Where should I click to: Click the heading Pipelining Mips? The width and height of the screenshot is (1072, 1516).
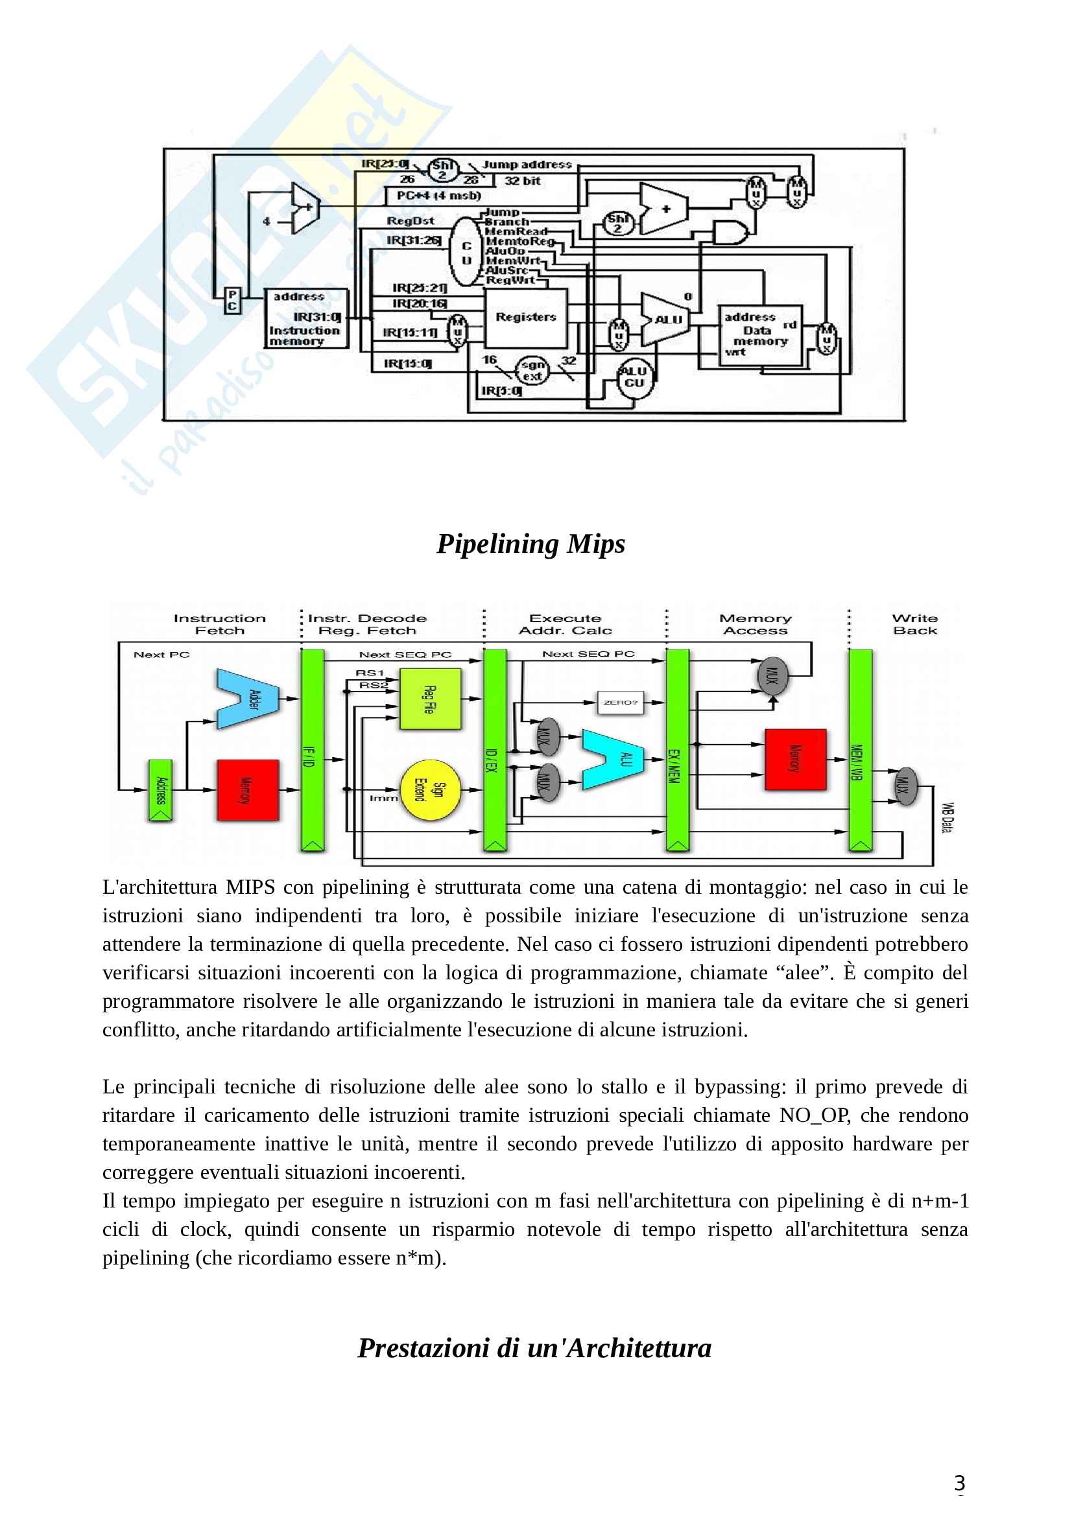point(530,544)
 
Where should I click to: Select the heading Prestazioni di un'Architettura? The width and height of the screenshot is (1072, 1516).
point(534,1347)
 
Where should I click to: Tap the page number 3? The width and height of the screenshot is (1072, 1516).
point(959,1483)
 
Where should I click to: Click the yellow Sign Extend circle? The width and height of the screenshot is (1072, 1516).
point(430,789)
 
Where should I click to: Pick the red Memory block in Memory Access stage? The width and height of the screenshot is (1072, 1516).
point(795,760)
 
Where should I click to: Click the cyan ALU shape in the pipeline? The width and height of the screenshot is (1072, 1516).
point(613,760)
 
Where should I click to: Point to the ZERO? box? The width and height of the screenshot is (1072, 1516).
point(619,702)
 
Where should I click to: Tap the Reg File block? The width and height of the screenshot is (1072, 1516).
point(430,699)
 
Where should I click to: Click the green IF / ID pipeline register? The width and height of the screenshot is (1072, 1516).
point(313,750)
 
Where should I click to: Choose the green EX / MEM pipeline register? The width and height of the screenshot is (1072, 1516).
point(677,750)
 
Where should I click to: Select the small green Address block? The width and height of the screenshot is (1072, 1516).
point(159,790)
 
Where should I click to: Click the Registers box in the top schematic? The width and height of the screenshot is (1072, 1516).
point(526,318)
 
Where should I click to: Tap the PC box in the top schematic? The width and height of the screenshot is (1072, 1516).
point(232,301)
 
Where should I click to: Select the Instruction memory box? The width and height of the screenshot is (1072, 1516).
point(305,318)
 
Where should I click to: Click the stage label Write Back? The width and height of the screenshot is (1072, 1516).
point(914,624)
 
